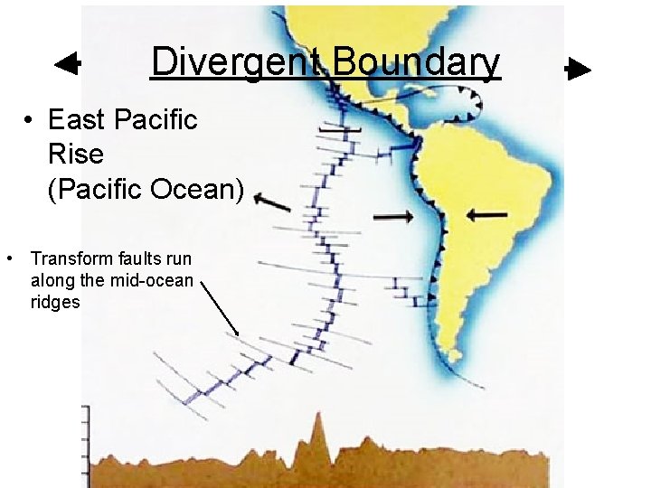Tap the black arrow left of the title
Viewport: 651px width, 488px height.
click(x=68, y=64)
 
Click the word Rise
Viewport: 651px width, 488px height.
click(x=75, y=155)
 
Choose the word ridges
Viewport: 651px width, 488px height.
click(x=55, y=303)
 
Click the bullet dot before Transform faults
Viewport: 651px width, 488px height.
click(x=8, y=259)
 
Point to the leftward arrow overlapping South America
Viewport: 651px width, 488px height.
click(x=487, y=214)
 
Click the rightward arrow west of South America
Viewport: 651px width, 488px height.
click(x=393, y=216)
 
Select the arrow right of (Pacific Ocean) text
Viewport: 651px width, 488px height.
click(x=272, y=203)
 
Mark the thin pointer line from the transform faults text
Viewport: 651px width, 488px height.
click(x=220, y=308)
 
